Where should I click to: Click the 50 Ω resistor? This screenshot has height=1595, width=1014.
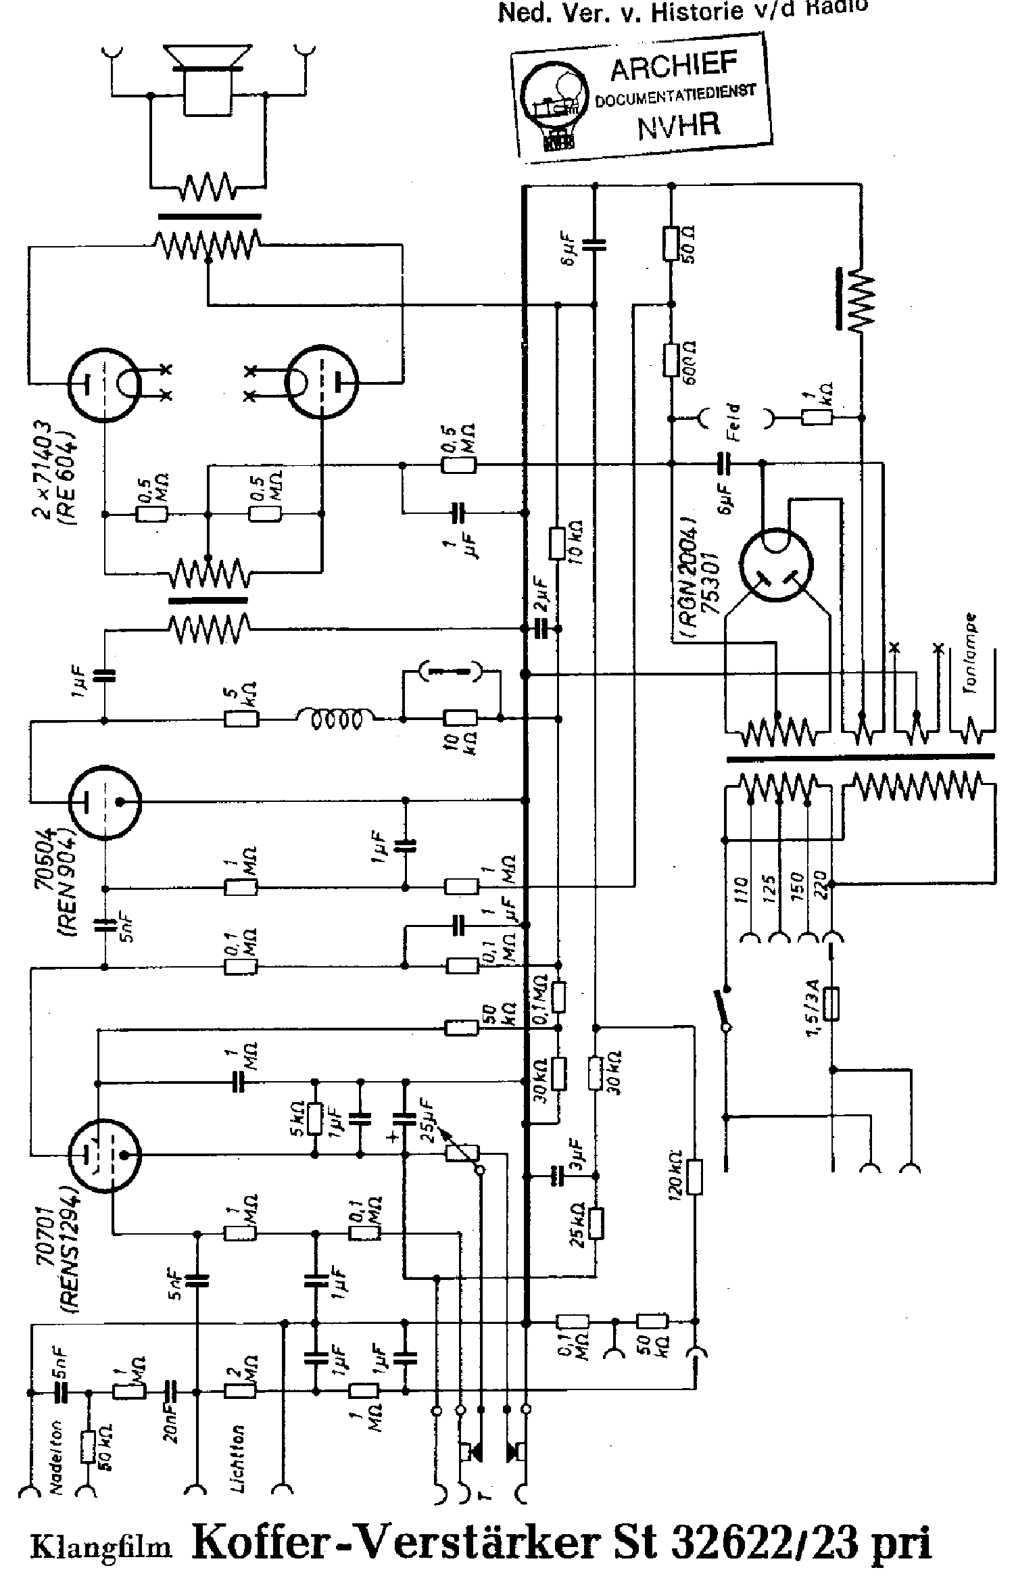point(671,243)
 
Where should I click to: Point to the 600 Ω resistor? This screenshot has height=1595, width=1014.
point(671,359)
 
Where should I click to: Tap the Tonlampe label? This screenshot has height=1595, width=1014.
point(971,654)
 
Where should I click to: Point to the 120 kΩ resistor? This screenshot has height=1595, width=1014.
point(694,1177)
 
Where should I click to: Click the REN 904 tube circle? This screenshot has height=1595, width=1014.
point(105,802)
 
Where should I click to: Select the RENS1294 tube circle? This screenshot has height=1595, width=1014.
point(105,1154)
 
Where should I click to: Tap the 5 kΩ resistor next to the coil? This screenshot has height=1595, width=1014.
point(241,720)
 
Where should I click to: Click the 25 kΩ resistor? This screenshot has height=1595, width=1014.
point(596,1223)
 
